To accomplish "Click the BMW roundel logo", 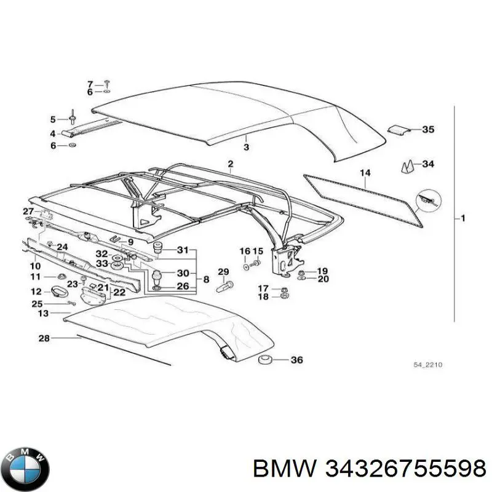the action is click(28, 469).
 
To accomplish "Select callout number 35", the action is click(427, 129).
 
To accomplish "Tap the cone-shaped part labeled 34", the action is click(408, 166).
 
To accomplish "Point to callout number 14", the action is click(365, 173).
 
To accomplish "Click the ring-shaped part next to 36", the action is click(264, 360).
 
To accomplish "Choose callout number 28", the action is click(44, 338).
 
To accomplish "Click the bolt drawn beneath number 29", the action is click(224, 287).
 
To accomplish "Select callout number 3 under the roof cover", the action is click(247, 147).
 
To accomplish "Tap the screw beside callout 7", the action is click(107, 84).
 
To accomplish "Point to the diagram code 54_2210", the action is click(427, 365).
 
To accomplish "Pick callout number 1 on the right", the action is click(462, 218).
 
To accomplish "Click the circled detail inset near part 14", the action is click(429, 201).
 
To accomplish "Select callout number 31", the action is click(183, 250).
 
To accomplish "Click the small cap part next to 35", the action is click(397, 130).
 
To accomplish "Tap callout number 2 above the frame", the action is click(231, 164).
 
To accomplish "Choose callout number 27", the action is click(28, 211).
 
